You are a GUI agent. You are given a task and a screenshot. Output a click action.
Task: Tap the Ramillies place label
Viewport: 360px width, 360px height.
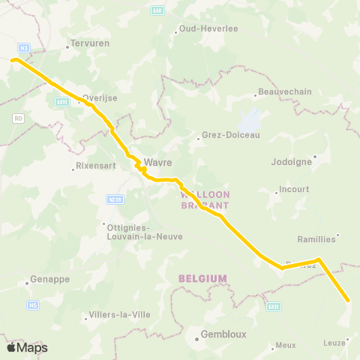click(316, 239)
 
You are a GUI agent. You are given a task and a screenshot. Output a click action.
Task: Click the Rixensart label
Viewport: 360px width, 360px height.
click(94, 166)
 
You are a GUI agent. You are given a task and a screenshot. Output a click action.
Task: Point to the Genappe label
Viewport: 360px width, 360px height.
click(50, 279)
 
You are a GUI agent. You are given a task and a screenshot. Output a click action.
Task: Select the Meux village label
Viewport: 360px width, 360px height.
click(286, 345)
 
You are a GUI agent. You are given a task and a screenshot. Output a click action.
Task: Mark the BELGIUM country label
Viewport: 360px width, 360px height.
click(202, 278)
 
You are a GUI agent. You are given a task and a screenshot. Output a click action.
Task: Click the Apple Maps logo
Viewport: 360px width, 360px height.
click(27, 347)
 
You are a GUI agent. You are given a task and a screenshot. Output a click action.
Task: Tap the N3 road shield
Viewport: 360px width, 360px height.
click(24, 48)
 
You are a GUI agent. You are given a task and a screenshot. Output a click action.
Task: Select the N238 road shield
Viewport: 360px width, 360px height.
click(114, 199)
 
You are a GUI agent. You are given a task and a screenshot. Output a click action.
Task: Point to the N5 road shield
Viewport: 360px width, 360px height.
click(33, 305)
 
